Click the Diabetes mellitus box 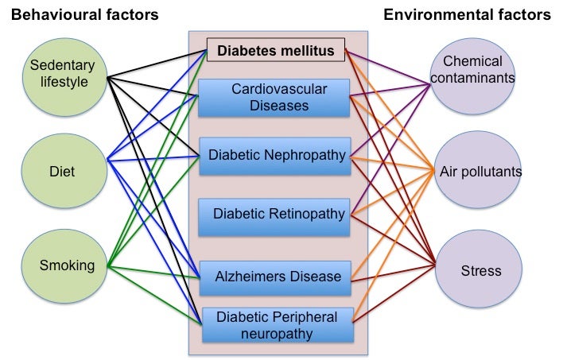click(276, 50)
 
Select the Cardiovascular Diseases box click(274, 97)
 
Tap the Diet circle click(61, 170)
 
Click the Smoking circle click(66, 265)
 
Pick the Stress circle click(480, 270)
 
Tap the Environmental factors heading click(468, 15)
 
